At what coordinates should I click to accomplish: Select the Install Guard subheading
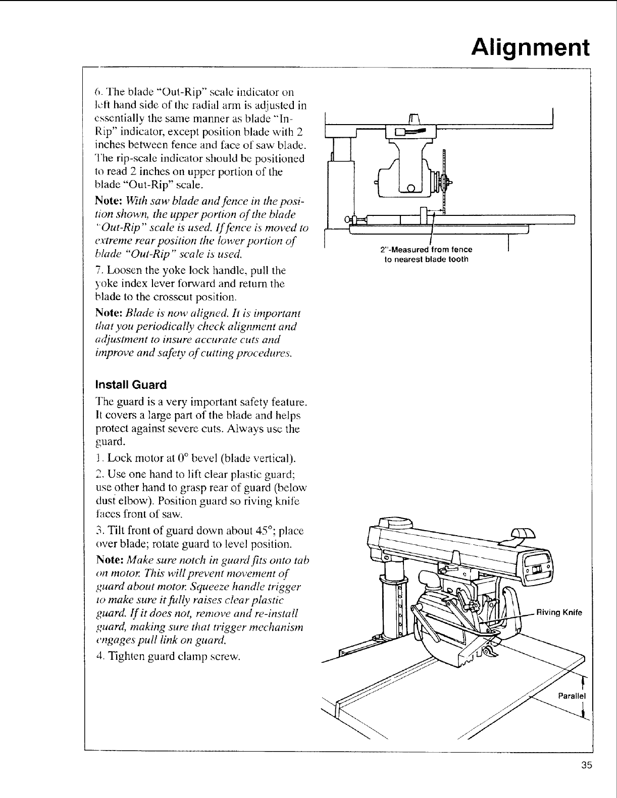131,385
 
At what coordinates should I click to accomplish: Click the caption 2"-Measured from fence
426,250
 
